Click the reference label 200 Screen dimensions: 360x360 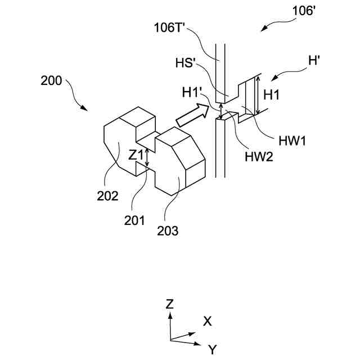[x=52, y=80]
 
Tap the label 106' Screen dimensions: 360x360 [x=303, y=10]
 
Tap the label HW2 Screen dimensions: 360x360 [x=259, y=157]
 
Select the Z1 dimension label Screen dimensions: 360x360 [x=135, y=155]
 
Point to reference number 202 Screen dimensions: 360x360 [x=107, y=196]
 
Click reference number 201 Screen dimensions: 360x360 [x=134, y=220]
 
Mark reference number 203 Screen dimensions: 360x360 [x=168, y=229]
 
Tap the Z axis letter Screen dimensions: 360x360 [x=170, y=304]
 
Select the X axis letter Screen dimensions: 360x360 [x=207, y=321]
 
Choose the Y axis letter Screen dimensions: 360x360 [x=212, y=350]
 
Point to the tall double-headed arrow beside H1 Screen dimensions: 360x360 [x=258, y=96]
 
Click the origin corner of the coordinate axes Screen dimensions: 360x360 [x=170, y=340]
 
